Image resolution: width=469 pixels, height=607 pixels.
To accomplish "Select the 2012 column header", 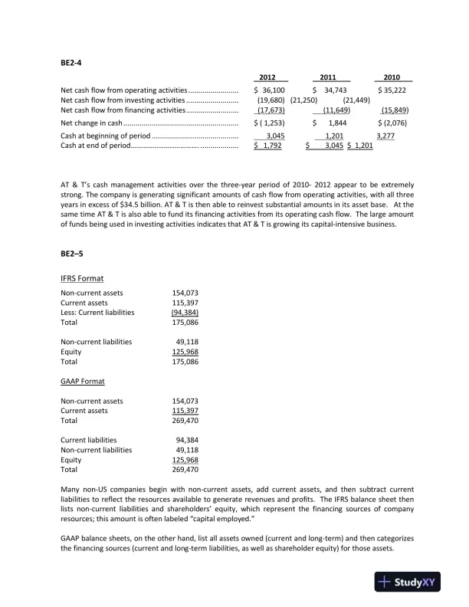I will [x=267, y=77].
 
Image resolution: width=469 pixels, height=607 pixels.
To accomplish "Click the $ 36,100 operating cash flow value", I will [x=269, y=90].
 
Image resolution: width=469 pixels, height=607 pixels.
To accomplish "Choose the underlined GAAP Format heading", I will [x=83, y=381].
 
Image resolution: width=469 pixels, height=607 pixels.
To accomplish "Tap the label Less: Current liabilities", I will [x=97, y=312].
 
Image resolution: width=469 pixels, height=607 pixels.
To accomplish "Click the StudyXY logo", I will [x=408, y=582].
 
